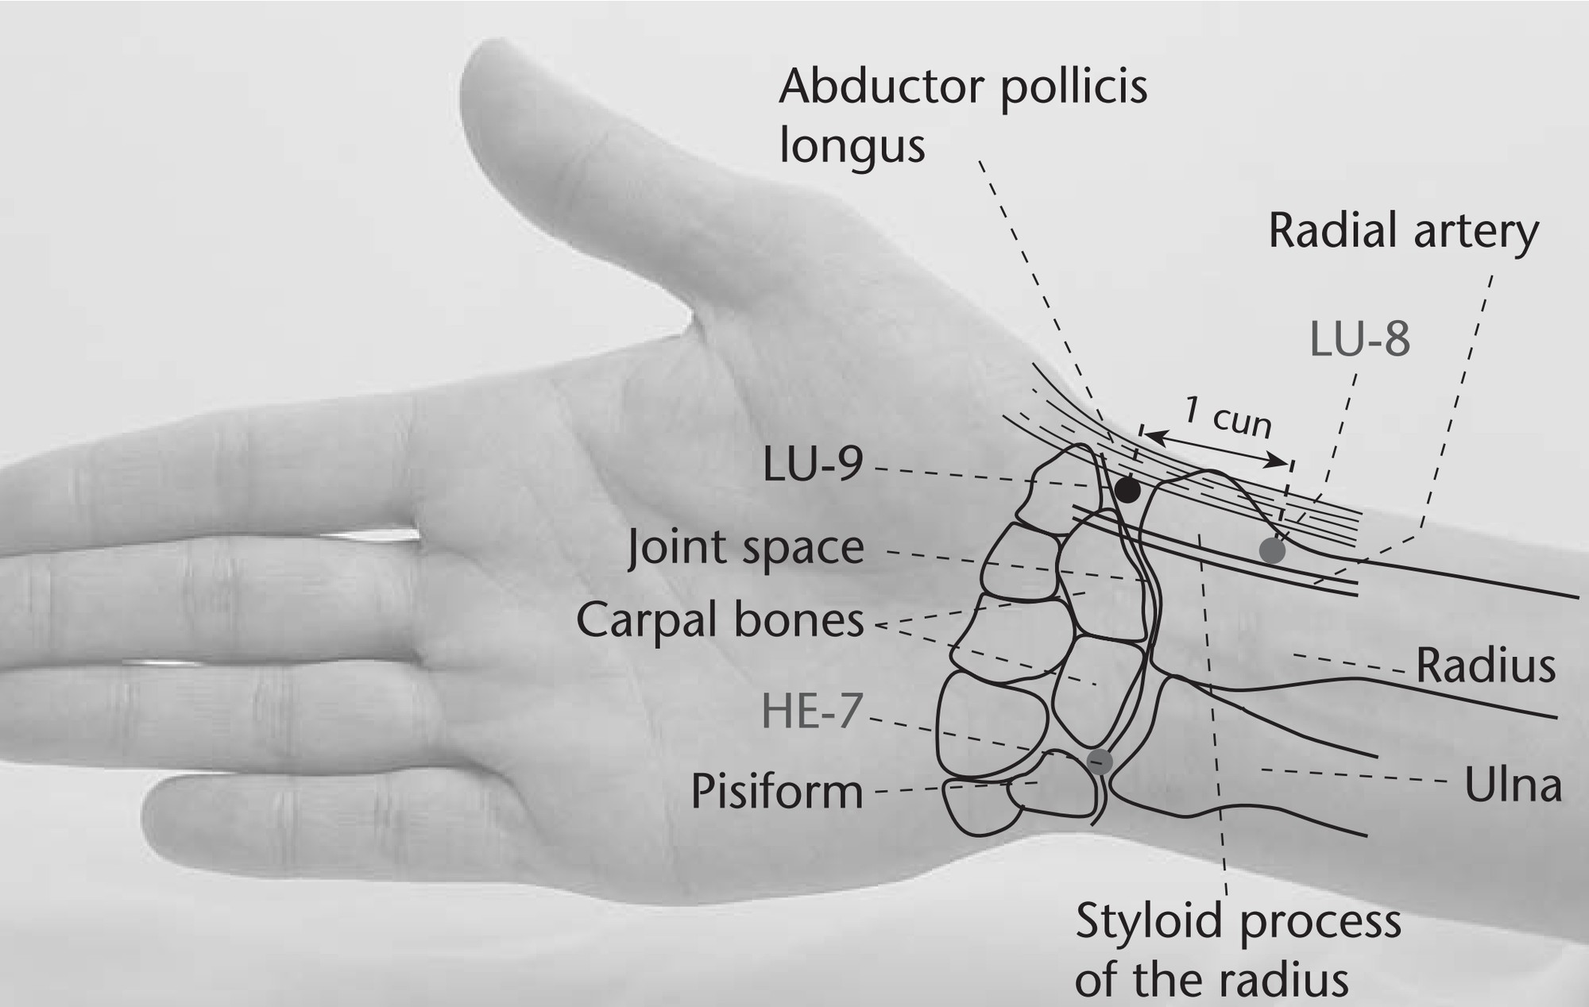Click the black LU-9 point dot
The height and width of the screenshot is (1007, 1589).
click(1127, 489)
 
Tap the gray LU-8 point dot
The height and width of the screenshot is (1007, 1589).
click(1272, 550)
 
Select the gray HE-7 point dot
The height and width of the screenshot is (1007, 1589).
click(1100, 761)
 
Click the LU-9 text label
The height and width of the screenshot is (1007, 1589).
click(813, 464)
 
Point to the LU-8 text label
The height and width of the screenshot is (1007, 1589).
click(1359, 338)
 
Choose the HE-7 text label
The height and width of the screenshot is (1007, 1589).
click(812, 711)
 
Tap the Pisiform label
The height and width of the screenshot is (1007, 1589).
click(777, 791)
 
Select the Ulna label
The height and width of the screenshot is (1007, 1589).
click(1514, 785)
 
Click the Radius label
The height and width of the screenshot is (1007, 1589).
click(1486, 666)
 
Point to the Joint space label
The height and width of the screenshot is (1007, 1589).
click(746, 548)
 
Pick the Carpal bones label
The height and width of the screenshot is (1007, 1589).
click(720, 620)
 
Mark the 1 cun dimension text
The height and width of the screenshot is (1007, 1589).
click(1228, 417)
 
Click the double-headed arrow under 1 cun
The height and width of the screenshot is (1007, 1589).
click(1216, 447)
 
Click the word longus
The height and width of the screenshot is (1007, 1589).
click(852, 146)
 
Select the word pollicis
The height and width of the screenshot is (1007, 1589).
click(1073, 86)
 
